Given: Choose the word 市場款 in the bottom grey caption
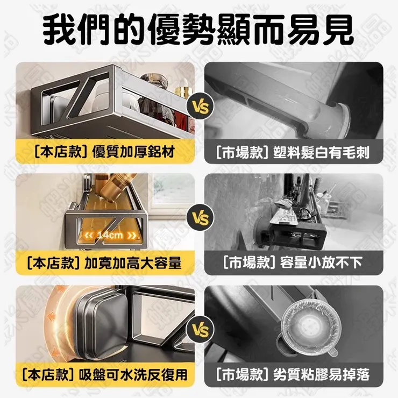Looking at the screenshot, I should click(x=237, y=373).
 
